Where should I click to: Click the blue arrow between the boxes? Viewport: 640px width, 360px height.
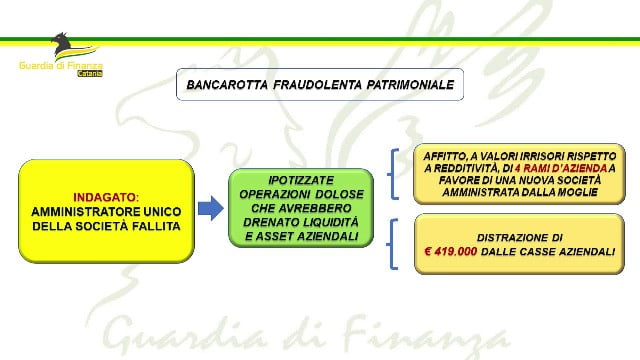click(x=211, y=208)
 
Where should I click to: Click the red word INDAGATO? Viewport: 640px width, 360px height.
click(x=104, y=198)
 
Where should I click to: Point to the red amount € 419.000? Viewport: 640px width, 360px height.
click(x=451, y=251)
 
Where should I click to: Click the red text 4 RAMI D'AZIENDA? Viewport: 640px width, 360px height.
click(x=561, y=168)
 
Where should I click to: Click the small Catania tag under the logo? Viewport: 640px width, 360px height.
click(x=90, y=74)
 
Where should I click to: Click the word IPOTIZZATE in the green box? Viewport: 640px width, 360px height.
click(x=301, y=180)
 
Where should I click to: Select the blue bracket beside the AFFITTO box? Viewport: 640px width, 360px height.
click(x=393, y=174)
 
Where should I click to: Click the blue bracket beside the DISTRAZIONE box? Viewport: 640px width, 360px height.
click(x=392, y=244)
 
